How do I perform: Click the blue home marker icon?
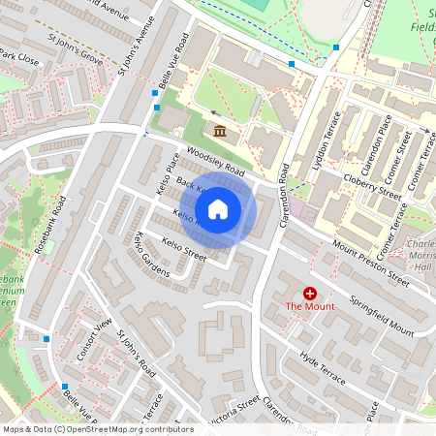(x=218, y=208)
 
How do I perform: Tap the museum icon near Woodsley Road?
(x=219, y=131)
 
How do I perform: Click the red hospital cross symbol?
(x=310, y=293)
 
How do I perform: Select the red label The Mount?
(x=309, y=307)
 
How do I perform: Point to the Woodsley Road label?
(x=215, y=159)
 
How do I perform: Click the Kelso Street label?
(x=184, y=250)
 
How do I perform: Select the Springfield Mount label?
(x=382, y=316)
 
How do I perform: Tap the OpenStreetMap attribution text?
(x=97, y=429)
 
